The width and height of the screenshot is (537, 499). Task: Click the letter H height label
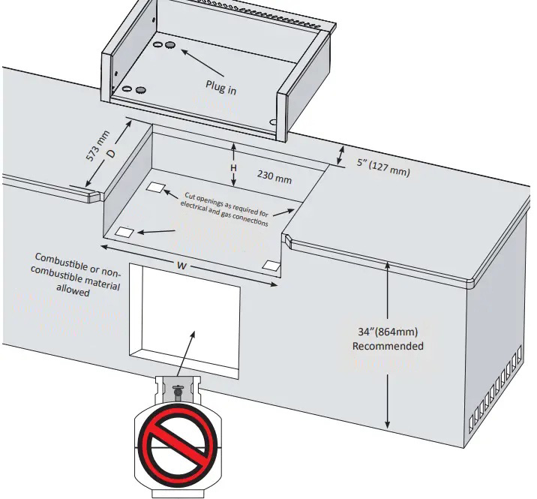click(x=234, y=168)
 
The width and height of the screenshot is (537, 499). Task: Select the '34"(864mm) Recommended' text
click(x=388, y=339)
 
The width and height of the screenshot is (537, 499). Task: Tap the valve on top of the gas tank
click(x=178, y=390)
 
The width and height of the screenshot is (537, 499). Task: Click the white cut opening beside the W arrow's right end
click(x=271, y=265)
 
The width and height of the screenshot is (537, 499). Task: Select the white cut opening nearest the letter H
click(x=157, y=187)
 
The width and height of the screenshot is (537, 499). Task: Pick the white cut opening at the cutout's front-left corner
click(x=125, y=233)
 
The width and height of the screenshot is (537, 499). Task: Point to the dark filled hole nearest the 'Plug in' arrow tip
click(x=171, y=46)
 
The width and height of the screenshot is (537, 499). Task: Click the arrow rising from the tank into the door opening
click(x=185, y=351)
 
